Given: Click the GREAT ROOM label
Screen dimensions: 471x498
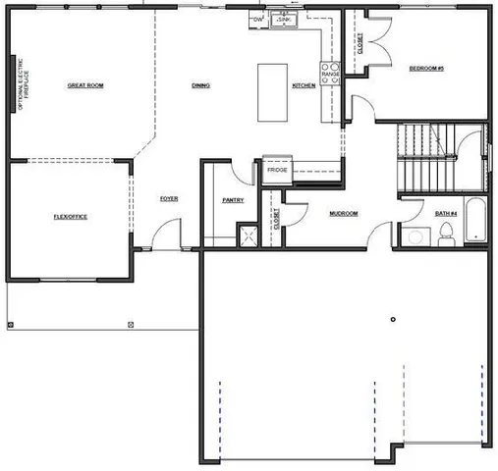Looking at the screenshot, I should point(85,86).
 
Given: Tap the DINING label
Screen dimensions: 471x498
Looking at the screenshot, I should point(200,86).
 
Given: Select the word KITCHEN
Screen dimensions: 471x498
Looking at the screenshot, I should point(304,86).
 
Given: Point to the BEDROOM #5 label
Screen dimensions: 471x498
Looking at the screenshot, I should point(427,68).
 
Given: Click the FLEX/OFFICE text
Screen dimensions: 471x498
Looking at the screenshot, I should point(70,216).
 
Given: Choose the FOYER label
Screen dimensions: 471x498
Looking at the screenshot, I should point(169,199).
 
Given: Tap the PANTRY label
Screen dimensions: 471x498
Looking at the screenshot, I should point(233,200).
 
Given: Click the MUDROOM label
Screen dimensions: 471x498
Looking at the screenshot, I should point(343,213).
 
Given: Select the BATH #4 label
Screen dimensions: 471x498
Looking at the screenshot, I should point(445,212).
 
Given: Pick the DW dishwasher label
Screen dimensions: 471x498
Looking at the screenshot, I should point(258,20).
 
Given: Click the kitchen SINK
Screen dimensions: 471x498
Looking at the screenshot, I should point(283,20).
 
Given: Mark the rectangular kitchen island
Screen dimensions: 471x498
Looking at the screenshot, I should point(272,92).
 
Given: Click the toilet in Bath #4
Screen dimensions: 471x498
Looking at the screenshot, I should point(446,233).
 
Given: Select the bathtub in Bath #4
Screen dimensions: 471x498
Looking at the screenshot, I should point(474,222).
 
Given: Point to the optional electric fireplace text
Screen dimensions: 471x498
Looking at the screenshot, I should point(22,85).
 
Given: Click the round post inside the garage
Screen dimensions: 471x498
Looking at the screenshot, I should point(392,319).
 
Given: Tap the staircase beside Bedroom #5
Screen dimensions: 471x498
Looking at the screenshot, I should point(427,160).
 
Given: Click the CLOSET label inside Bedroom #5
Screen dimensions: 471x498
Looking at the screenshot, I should point(360,44).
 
